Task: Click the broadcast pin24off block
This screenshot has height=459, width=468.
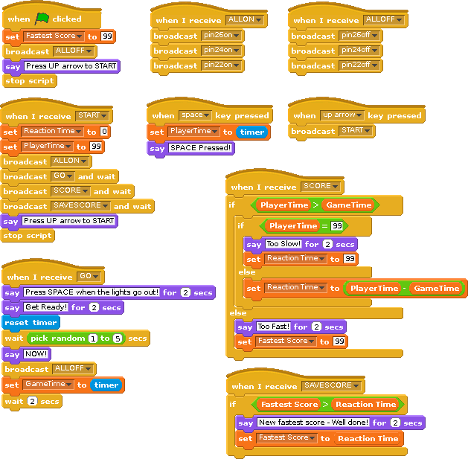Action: click(x=334, y=51)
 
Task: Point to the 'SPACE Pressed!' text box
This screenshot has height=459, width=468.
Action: click(x=202, y=148)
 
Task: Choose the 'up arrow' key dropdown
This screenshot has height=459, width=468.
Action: click(x=342, y=115)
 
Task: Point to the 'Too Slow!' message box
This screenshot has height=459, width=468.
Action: click(x=283, y=243)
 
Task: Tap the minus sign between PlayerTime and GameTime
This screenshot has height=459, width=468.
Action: click(x=404, y=288)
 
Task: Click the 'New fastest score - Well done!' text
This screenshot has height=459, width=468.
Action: click(x=312, y=423)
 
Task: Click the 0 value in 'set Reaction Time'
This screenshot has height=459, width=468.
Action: click(x=104, y=132)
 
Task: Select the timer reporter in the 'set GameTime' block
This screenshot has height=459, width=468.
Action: click(x=106, y=385)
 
